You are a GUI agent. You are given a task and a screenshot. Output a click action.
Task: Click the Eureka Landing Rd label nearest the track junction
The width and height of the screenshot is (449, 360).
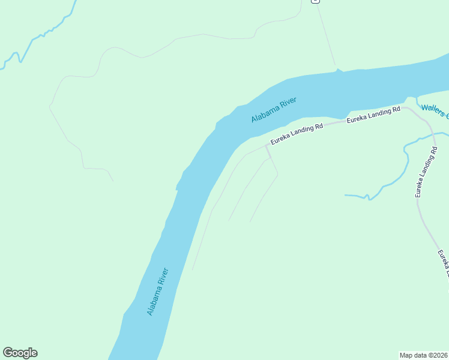click(x=297, y=134)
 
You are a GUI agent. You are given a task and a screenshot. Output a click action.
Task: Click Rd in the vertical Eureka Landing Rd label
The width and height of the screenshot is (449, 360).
click(x=418, y=192)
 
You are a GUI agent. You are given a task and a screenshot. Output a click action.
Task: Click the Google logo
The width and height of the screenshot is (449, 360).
click(x=20, y=353)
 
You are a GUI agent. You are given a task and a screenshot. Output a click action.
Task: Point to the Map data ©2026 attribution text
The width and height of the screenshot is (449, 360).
click(x=423, y=355)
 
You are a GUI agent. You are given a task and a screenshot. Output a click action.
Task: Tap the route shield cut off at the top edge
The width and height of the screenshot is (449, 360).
click(x=315, y=1)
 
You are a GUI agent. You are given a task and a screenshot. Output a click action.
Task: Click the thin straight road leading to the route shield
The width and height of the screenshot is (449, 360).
click(x=326, y=36)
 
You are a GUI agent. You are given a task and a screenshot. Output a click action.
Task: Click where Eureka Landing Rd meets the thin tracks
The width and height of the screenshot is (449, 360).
click(x=267, y=145)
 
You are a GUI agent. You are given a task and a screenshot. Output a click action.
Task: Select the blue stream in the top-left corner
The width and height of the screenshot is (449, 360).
click(x=36, y=38)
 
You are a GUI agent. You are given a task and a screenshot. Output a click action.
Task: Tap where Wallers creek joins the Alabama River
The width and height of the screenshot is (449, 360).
click(x=411, y=98)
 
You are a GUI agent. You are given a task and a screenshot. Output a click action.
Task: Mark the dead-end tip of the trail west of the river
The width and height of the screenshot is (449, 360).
click(x=113, y=181)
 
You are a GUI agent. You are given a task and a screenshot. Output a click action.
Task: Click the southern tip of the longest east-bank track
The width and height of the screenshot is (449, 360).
click(x=193, y=269)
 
